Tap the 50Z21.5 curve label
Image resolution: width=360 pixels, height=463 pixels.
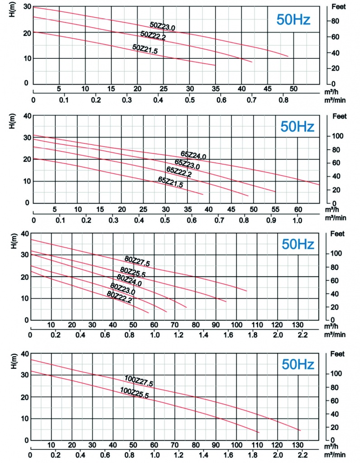pos(145,49)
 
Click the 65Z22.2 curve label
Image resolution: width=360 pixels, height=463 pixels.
pos(179,172)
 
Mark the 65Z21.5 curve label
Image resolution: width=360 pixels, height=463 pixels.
pos(171,181)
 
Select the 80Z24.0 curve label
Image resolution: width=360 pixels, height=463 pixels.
pos(129,281)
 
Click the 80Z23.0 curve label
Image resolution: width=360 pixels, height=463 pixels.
pos(123,288)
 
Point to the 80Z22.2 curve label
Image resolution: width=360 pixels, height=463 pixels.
pos(119,296)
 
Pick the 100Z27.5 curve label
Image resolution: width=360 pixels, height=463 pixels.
pos(139,381)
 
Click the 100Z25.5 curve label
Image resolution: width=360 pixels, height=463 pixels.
pos(134,392)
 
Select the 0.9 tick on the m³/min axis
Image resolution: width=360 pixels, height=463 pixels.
pos(272,220)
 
